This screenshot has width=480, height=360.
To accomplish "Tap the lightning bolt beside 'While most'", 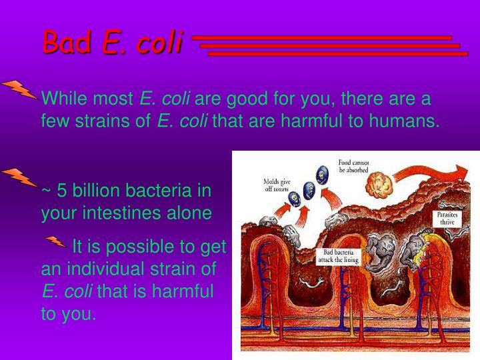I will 18,89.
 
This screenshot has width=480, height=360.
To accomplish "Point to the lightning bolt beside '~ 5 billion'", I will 18,177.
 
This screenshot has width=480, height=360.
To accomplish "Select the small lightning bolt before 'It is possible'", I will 55,241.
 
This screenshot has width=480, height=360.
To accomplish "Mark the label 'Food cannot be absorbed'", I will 353,165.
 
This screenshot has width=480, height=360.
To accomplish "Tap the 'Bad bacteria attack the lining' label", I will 341,256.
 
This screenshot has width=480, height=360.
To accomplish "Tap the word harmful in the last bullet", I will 182,292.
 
